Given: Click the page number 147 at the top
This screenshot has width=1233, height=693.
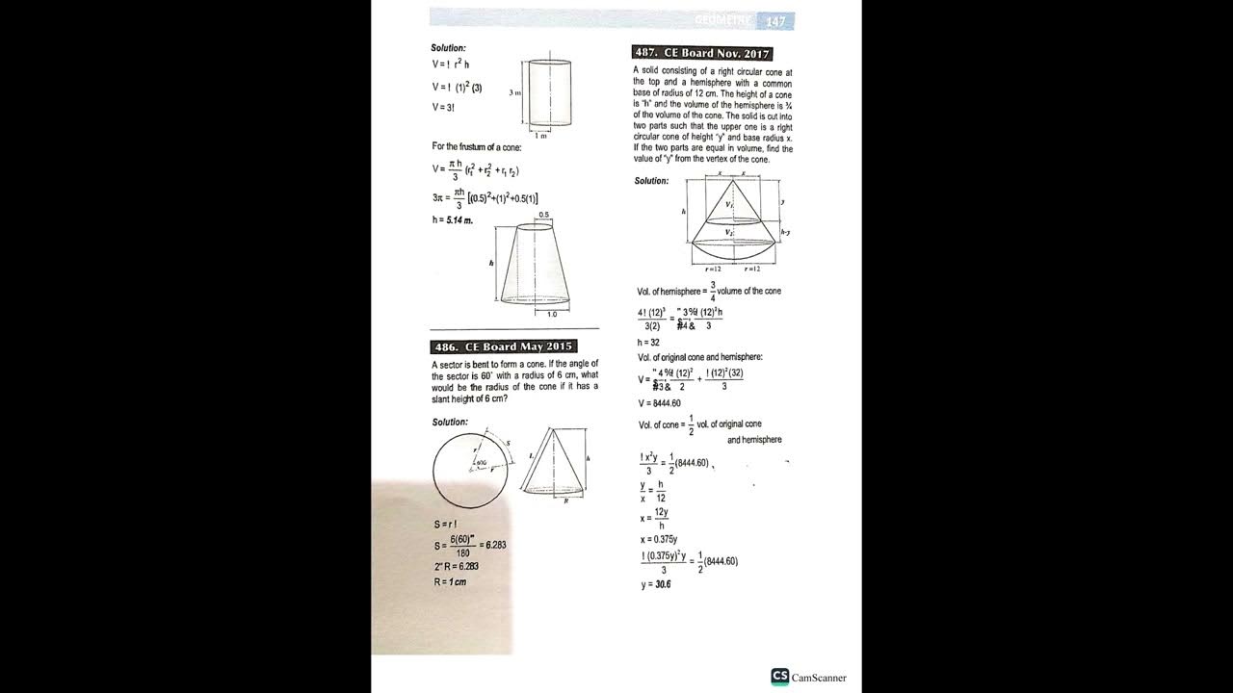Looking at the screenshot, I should coord(776,21).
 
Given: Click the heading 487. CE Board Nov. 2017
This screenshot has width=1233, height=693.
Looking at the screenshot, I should coord(702,53).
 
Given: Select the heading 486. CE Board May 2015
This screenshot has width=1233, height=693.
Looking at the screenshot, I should coord(504,346).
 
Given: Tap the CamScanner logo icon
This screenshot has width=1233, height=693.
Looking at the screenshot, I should coord(780,677).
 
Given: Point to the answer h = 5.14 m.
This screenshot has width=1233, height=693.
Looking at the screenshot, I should coord(453,220).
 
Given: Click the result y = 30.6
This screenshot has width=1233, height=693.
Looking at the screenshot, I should coord(656,584).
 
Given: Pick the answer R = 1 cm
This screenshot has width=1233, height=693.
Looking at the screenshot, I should coord(450,581).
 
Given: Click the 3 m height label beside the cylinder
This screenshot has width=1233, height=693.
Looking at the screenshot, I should coord(515,92).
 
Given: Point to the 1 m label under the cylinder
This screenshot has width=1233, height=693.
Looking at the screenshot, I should coord(541,136).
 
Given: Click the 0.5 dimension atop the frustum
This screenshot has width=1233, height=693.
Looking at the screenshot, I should coord(544,215).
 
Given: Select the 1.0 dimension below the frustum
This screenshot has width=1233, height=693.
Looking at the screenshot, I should coord(552,314).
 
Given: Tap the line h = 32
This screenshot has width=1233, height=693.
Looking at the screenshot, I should coord(648,342).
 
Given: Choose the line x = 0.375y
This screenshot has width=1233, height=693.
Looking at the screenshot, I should coord(659,539).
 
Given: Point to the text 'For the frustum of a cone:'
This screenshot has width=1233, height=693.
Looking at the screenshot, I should coord(477,146).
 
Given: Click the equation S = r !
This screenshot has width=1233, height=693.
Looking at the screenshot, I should coord(445,525).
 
